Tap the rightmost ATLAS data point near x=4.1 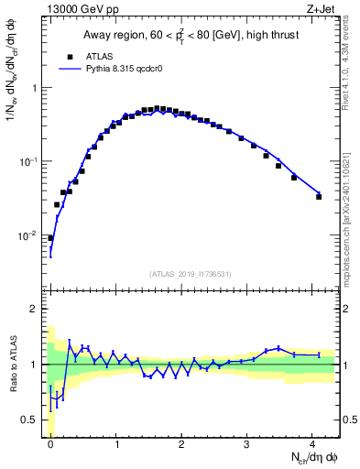319,196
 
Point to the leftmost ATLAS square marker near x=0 50,237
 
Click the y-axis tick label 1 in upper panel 37,88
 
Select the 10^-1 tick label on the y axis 30,161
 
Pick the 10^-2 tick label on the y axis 30,235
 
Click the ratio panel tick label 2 37,309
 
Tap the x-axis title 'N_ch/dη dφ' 311,457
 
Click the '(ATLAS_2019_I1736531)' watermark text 192,274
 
